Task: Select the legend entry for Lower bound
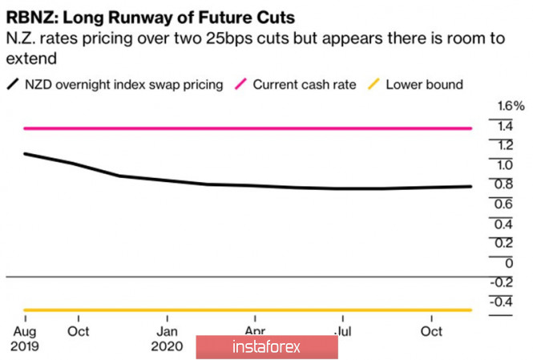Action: pos(424,83)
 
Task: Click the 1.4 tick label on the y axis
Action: pos(504,126)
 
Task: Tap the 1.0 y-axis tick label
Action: pos(504,164)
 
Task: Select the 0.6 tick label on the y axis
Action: pos(504,204)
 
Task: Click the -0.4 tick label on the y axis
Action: pos(503,301)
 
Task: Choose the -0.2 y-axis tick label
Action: pos(503,281)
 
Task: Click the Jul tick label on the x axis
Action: pos(343,330)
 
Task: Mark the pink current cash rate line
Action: pos(240,128)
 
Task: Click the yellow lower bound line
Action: pos(240,310)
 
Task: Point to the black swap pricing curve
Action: pos(240,186)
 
